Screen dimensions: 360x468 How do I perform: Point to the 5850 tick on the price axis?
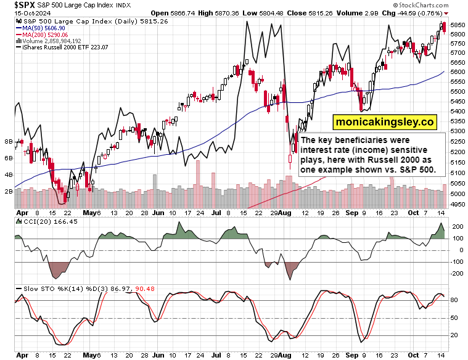(x=457, y=25)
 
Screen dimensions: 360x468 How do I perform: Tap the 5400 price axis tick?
(x=457, y=111)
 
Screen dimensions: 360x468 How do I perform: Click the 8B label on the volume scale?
(x=9, y=142)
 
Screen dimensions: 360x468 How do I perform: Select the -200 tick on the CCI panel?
(x=456, y=272)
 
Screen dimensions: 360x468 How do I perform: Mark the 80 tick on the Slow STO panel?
(x=455, y=300)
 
